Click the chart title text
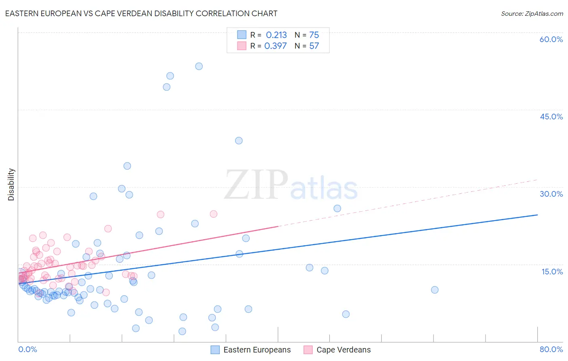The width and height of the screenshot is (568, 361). [x=141, y=13]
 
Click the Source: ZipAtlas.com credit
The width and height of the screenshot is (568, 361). [x=532, y=13]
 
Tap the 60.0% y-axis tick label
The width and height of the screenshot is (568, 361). [x=551, y=39]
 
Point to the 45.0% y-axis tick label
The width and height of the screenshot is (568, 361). [x=551, y=117]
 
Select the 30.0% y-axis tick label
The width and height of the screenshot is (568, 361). [x=551, y=194]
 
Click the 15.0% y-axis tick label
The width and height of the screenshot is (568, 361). [x=552, y=271]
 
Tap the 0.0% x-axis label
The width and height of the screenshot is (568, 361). [x=27, y=349]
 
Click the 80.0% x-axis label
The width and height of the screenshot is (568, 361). [x=551, y=349]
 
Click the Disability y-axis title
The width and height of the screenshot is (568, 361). [x=11, y=185]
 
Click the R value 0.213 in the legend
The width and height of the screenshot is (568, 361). [x=276, y=35]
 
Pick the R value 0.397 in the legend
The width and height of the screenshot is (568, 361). [x=276, y=46]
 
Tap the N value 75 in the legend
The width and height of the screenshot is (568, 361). [x=314, y=35]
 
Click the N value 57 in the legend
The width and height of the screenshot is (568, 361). [x=314, y=46]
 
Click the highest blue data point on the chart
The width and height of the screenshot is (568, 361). [x=199, y=66]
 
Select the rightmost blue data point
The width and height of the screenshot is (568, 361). [x=435, y=290]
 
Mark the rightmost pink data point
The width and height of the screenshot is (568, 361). [x=214, y=214]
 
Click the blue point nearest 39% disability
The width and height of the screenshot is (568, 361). [x=239, y=141]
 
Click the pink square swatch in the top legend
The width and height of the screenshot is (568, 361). [x=242, y=46]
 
